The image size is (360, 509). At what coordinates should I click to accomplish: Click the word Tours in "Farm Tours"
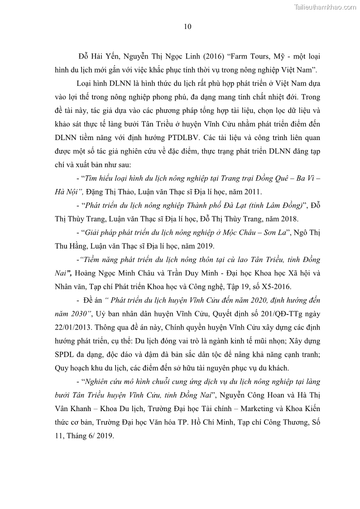pyautogui.click(x=258, y=57)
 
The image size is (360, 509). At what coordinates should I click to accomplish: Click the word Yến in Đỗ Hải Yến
pyautogui.click(x=115, y=57)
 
